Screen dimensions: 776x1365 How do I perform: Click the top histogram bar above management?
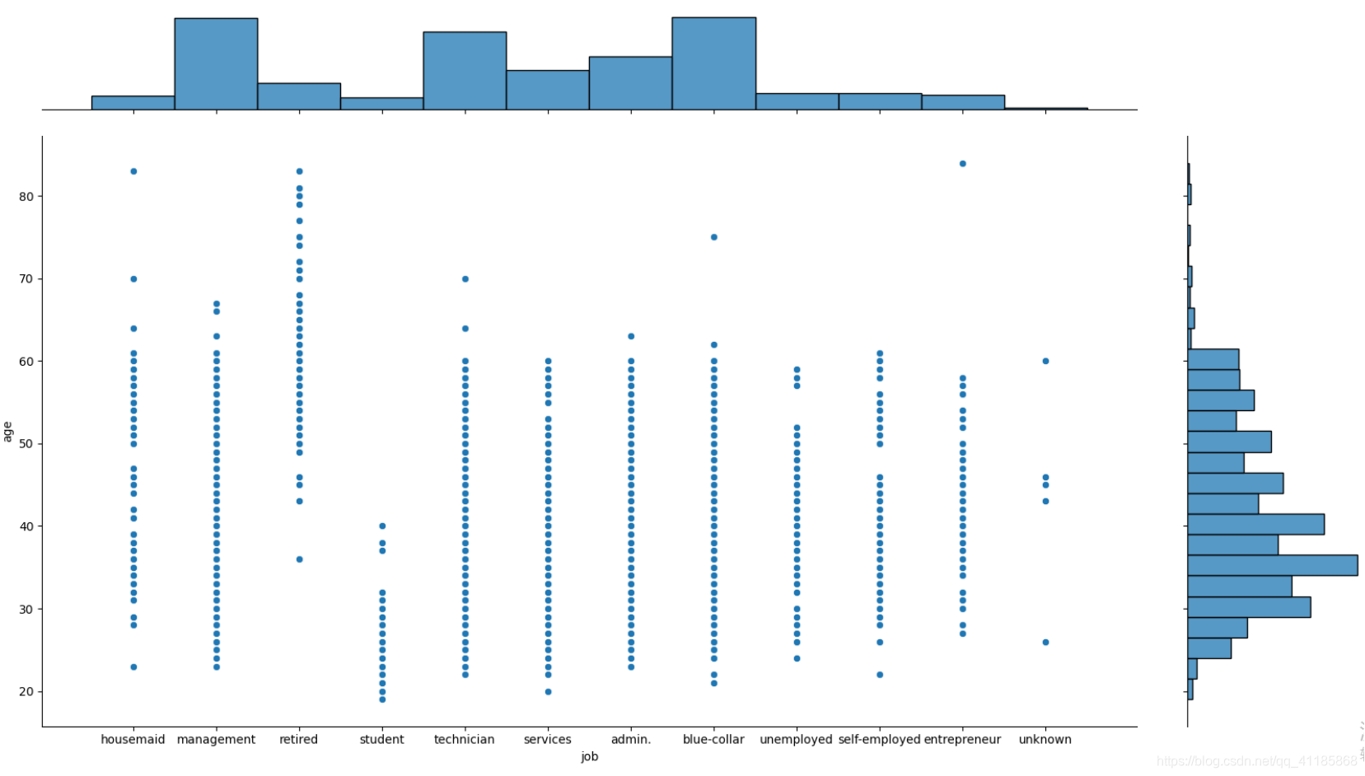216,63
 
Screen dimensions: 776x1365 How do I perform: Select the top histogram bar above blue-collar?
713,63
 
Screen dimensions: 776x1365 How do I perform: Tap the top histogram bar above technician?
465,70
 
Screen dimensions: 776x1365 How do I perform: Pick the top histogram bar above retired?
299,96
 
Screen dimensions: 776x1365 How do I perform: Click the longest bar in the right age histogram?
1272,565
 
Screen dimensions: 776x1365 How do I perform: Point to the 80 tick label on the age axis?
26,197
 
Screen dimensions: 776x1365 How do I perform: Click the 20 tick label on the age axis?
26,692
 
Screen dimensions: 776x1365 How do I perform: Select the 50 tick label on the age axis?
26,444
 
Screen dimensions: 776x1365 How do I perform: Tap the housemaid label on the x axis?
133,740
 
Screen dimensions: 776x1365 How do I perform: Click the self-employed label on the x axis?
879,740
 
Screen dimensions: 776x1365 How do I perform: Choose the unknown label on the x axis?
1045,740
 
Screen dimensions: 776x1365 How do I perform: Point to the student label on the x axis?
381,740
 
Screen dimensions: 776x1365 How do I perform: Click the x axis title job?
589,757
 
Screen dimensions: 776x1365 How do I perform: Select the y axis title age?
8,432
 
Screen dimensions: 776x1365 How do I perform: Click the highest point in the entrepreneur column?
962,164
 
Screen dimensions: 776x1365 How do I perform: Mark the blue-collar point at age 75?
714,237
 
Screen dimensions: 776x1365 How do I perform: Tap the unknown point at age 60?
1045,361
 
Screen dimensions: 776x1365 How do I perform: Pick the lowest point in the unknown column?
1045,643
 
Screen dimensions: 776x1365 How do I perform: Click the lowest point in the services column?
548,692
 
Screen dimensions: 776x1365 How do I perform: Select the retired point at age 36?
299,559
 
